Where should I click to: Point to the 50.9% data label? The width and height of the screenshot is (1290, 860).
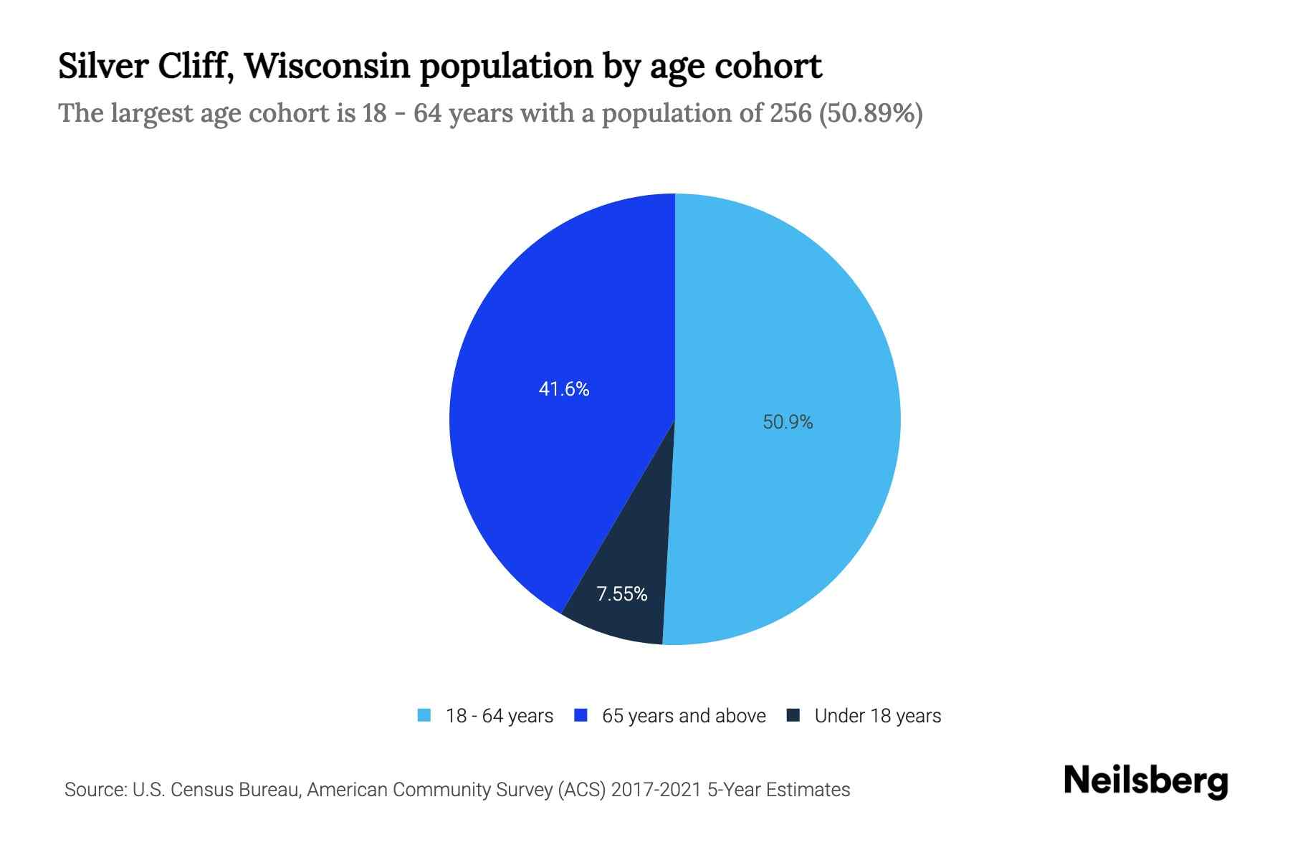click(x=788, y=422)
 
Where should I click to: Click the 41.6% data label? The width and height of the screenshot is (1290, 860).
click(x=564, y=389)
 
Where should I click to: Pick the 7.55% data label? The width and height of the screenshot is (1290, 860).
click(x=622, y=594)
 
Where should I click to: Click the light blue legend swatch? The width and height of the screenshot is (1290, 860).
click(x=424, y=715)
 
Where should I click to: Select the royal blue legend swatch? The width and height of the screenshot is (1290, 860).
click(x=580, y=715)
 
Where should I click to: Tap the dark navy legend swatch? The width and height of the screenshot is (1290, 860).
click(x=793, y=715)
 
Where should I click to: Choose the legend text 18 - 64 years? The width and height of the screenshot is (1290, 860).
click(x=500, y=716)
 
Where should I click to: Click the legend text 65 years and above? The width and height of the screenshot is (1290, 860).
click(x=684, y=716)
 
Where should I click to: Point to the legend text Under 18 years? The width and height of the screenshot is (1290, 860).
click(x=878, y=716)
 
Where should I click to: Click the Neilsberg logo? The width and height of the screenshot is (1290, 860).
click(x=1146, y=781)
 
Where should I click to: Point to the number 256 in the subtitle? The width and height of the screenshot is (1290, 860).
click(x=791, y=113)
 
